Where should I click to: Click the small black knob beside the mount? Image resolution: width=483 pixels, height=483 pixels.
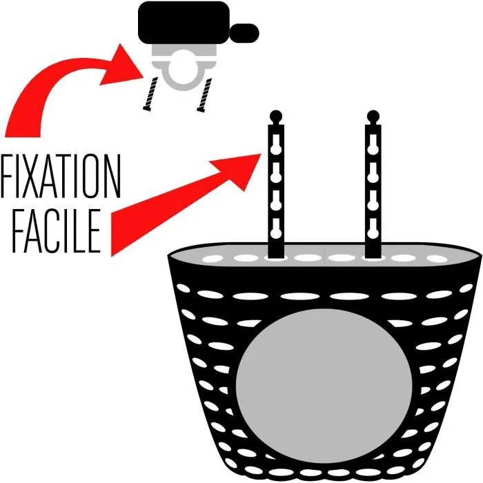[x=246, y=31]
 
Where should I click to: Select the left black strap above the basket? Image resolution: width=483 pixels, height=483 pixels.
[x=276, y=186]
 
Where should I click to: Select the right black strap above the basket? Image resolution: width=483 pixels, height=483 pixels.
[x=373, y=186]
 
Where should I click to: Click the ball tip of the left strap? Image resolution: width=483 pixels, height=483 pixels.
[x=276, y=115]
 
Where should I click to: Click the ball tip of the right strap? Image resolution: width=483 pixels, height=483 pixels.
[x=373, y=115]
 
